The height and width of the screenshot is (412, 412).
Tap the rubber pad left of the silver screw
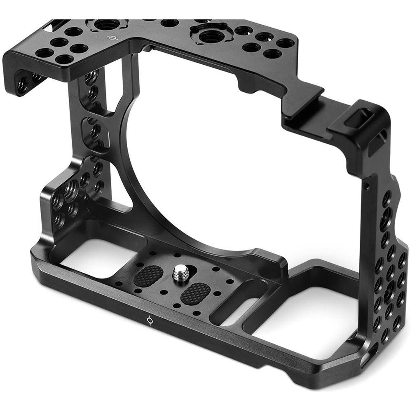click(148, 276)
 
